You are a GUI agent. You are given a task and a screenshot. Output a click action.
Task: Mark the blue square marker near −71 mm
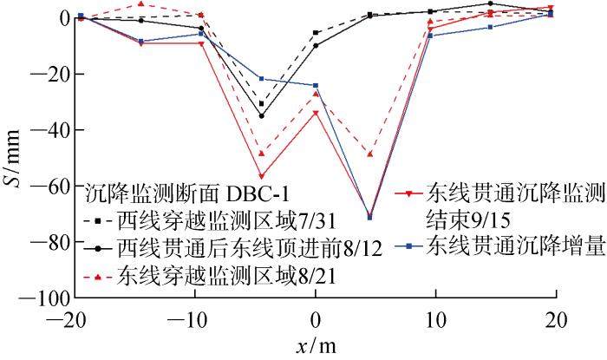pyautogui.click(x=370, y=217)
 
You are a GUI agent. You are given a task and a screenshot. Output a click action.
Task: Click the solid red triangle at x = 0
pyautogui.click(x=316, y=113)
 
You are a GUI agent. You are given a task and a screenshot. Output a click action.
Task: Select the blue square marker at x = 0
pyautogui.click(x=316, y=85)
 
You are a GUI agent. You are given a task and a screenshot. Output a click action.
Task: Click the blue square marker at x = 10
pyautogui.click(x=430, y=35)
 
